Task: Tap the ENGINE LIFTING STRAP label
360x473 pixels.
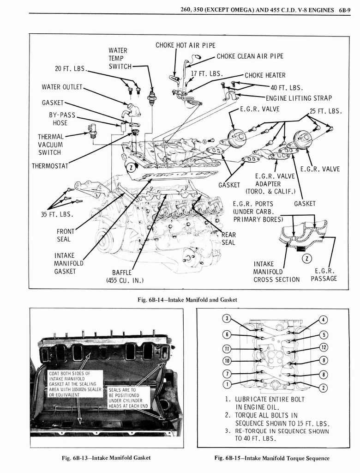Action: click(298, 98)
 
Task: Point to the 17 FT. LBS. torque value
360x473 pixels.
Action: click(207, 73)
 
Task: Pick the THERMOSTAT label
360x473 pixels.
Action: click(50, 166)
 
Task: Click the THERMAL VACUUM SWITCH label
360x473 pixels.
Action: click(51, 145)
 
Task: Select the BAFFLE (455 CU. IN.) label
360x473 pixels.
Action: click(125, 276)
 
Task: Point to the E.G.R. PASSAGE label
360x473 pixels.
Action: click(324, 275)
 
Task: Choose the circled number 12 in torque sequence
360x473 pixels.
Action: click(324, 347)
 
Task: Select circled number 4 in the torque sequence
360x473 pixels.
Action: click(324, 320)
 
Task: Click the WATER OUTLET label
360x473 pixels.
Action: click(62, 87)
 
